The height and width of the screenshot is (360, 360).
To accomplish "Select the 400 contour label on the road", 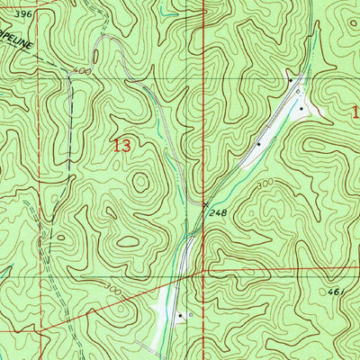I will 84,69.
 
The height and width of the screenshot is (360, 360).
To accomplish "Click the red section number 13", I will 124,146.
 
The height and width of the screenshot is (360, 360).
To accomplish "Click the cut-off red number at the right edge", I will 355,113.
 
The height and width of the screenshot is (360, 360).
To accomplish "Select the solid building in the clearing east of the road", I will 301,110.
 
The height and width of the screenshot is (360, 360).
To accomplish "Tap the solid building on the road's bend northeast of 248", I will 259,143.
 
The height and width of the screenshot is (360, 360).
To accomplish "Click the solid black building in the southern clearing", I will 181,315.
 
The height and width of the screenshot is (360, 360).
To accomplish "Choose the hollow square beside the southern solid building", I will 190,315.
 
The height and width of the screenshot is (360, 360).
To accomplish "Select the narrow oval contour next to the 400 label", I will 58,72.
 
